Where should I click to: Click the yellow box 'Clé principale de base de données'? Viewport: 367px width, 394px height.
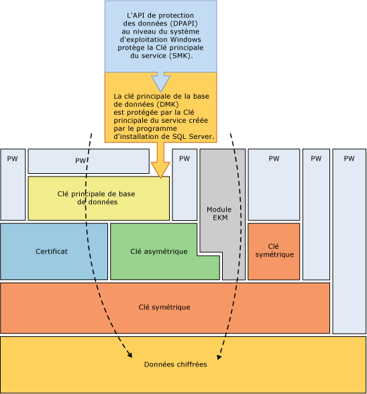point(98,197)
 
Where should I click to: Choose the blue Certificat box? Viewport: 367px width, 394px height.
point(54,251)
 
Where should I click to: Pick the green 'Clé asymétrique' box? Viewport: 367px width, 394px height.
point(159,251)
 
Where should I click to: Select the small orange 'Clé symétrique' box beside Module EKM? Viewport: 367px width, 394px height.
point(274,251)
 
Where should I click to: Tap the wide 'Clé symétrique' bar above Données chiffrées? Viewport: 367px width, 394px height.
point(164,307)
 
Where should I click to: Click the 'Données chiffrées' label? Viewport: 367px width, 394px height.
point(175,364)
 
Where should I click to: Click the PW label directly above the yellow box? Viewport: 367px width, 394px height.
point(81,162)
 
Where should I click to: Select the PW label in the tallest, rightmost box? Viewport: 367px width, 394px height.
point(348,159)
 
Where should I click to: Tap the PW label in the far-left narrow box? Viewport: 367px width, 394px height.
point(12,159)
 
